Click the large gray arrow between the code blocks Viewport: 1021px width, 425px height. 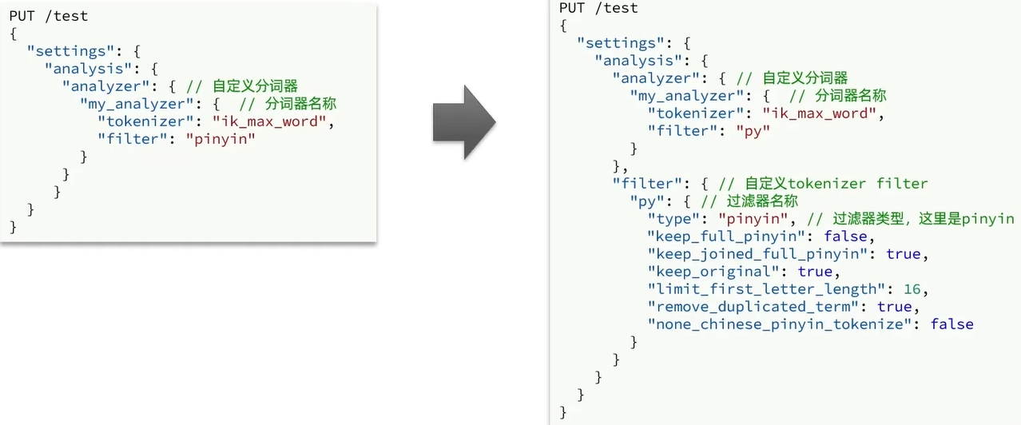pos(464,122)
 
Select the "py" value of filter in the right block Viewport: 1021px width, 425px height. pos(752,130)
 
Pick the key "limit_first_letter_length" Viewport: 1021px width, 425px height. pos(772,288)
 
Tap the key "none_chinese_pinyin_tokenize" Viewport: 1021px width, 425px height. pos(785,324)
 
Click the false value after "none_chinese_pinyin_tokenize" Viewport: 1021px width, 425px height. pos(951,324)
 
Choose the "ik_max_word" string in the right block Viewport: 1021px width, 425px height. pos(820,113)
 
